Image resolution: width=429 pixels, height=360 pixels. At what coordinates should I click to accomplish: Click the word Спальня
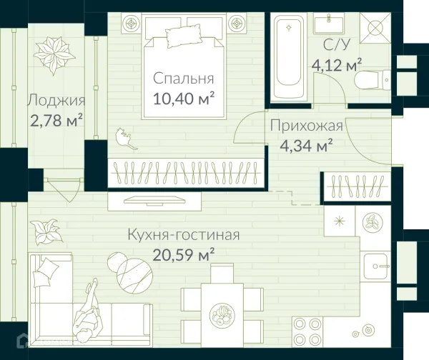tap(184, 79)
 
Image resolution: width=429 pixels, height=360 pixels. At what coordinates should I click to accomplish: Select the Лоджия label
tap(56, 101)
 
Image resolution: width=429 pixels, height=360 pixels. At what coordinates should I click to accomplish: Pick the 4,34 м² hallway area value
tap(306, 147)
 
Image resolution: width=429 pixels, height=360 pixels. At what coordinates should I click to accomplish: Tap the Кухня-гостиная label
tap(183, 234)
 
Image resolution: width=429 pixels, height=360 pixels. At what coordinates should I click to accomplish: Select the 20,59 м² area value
tap(184, 252)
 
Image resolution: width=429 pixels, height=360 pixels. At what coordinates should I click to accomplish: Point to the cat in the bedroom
tap(127, 137)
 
